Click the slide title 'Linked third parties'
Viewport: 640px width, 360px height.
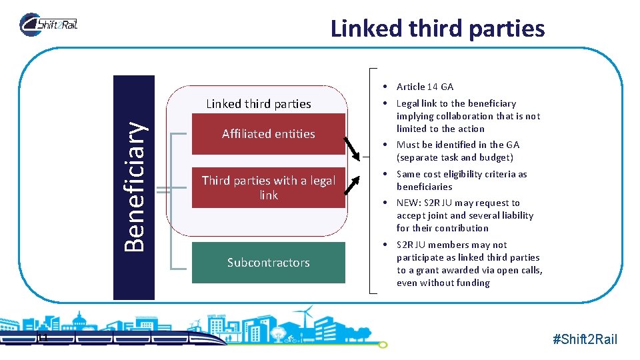click(x=437, y=29)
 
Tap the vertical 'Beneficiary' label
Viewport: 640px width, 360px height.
click(x=135, y=187)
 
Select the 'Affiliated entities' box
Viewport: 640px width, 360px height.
click(x=268, y=134)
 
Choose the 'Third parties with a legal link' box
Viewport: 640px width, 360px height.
click(x=268, y=187)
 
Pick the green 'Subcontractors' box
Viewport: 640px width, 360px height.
click(x=268, y=263)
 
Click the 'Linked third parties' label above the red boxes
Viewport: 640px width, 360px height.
click(x=259, y=103)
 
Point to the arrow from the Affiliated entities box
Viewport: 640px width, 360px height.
click(x=353, y=148)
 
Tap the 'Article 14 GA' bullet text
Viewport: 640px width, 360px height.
click(x=425, y=87)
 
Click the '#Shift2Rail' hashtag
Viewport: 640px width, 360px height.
click(x=585, y=339)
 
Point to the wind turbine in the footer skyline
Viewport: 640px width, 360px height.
click(x=307, y=317)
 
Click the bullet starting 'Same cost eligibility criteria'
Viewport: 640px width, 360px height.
click(x=461, y=181)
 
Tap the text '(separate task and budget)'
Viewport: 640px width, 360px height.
click(x=455, y=157)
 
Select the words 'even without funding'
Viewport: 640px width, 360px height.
click(x=443, y=283)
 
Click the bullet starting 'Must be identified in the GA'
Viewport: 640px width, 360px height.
click(x=458, y=145)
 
